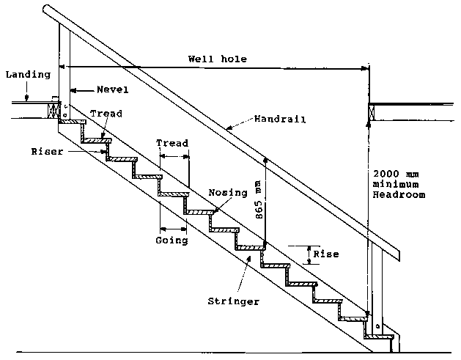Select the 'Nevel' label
(x=112, y=90)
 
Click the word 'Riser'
(x=45, y=152)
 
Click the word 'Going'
(x=172, y=240)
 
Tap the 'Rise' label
(x=325, y=254)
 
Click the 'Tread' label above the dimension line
(x=173, y=143)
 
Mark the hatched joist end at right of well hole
(x=370, y=111)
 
